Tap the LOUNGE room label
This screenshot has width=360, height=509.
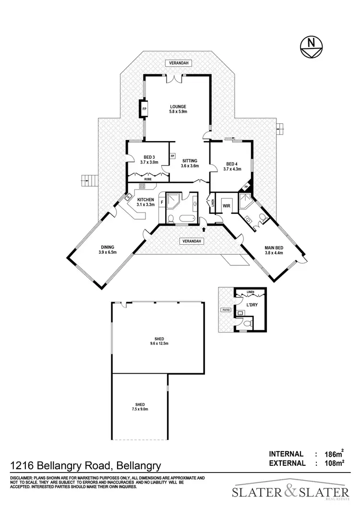[x=177, y=107]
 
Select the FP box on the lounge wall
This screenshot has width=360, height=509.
[x=144, y=109]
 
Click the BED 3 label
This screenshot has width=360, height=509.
[x=149, y=157]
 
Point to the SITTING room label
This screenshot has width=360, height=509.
[x=189, y=161]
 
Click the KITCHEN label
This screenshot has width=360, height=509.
[x=145, y=200]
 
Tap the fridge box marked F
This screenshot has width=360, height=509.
[x=162, y=202]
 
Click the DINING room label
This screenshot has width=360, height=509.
[x=107, y=247]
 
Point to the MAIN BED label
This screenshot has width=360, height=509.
[x=273, y=248]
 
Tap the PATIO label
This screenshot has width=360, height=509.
[x=226, y=310]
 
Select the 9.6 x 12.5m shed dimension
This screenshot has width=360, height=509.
[x=158, y=343]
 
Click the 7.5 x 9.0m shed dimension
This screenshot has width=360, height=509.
[x=140, y=409]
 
